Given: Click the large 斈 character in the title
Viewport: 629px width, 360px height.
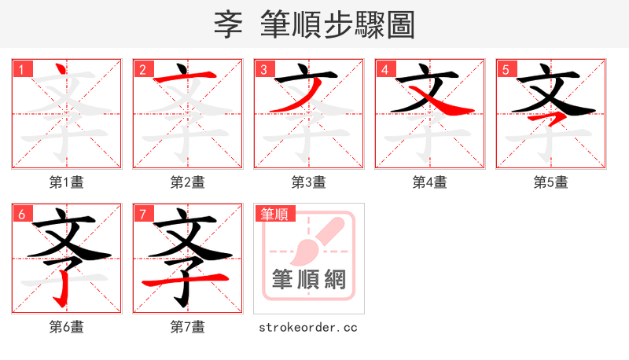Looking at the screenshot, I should (229, 24).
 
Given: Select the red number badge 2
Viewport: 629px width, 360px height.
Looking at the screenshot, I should (142, 69).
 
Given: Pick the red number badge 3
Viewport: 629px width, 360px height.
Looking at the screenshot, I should (263, 69).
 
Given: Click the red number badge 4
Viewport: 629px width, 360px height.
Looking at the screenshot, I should (384, 69).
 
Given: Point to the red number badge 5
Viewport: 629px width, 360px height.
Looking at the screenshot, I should (506, 69).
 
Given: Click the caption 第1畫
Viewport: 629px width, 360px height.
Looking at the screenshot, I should (67, 182).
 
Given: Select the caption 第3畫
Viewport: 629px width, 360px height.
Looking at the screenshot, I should (309, 182).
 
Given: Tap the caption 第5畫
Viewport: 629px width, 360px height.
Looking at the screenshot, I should (551, 182).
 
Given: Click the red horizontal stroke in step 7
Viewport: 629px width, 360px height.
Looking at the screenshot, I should (186, 280).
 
